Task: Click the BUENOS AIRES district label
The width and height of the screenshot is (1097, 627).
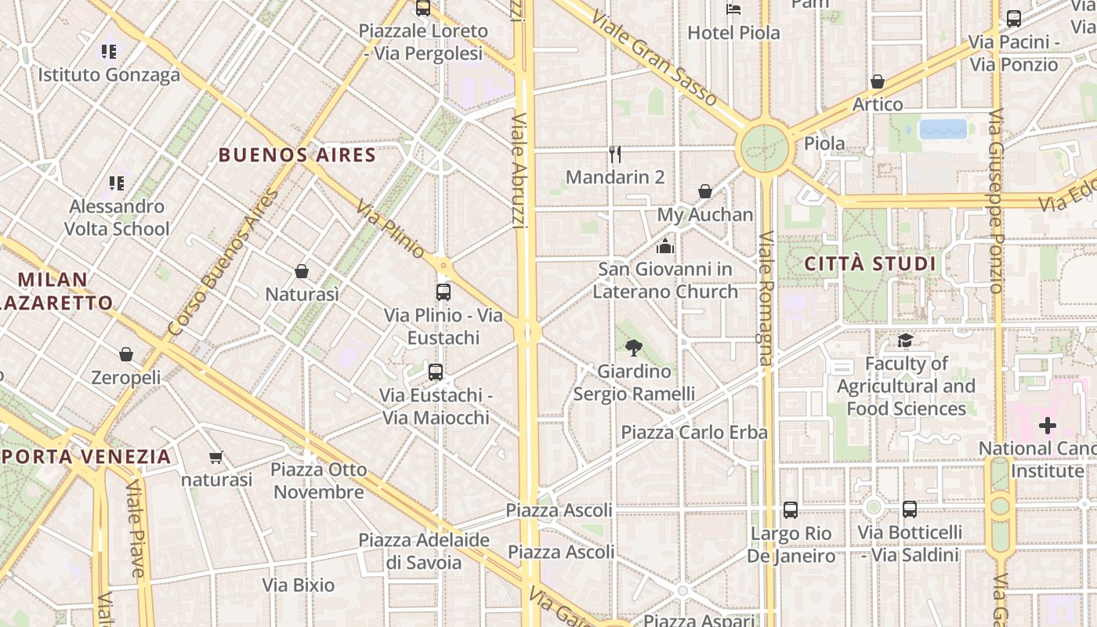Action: tap(297, 154)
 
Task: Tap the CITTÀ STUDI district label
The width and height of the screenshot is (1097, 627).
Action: tap(870, 263)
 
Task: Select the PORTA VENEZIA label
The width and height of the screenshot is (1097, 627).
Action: tap(86, 456)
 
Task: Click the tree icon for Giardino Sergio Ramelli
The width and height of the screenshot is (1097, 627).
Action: tap(634, 347)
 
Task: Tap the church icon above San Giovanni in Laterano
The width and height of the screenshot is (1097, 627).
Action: tap(665, 247)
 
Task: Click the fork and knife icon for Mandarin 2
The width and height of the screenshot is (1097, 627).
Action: tap(615, 154)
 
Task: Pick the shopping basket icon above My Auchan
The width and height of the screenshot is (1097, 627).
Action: tap(705, 191)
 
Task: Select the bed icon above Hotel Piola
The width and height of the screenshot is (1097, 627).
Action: tap(733, 9)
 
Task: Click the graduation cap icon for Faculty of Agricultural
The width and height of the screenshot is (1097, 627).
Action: tap(906, 340)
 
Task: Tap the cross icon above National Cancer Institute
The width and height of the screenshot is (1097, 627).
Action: tap(1047, 426)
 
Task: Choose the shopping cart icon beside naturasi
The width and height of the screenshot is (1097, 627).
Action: tap(216, 457)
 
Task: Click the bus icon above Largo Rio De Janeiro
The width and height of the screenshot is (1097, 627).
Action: tap(791, 510)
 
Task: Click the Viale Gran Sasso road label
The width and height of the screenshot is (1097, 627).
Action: tap(654, 58)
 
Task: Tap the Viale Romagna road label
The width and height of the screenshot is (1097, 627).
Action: tap(766, 298)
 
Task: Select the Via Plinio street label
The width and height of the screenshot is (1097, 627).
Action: tap(390, 230)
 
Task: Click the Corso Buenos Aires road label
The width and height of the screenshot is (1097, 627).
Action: tap(223, 263)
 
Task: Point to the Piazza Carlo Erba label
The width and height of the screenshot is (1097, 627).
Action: tap(694, 432)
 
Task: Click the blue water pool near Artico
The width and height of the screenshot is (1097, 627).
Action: tap(943, 129)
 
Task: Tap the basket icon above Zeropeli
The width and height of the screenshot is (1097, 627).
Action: tap(126, 354)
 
